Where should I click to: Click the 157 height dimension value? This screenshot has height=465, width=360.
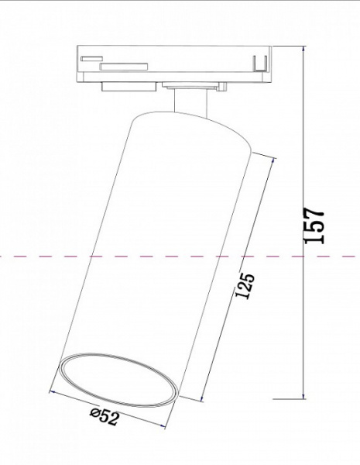click(x=314, y=226)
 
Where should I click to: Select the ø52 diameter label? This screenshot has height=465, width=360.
click(x=104, y=418)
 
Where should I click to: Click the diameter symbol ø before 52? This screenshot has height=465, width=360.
click(x=94, y=415)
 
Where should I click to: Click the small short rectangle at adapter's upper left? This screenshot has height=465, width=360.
click(x=91, y=57)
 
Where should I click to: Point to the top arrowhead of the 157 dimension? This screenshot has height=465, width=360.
click(x=301, y=49)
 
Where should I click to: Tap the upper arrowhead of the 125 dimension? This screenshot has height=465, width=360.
click(x=273, y=159)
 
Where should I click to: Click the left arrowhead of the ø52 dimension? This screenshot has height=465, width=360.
click(x=52, y=391)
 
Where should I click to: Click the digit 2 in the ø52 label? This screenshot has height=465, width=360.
click(x=113, y=419)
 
